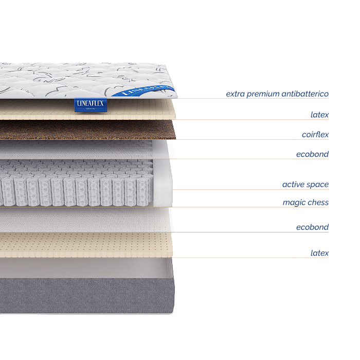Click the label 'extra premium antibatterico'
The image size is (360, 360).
coord(277,94)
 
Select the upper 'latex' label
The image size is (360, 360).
coord(319,115)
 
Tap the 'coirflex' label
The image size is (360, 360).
coord(315,134)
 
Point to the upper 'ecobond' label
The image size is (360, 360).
coord(313,154)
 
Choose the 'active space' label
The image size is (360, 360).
coord(305,184)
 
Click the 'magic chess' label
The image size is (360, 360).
coord(305,202)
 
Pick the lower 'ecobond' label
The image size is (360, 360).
coord(313,227)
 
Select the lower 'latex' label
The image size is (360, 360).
coord(319,253)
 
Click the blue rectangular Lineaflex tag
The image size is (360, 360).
coord(91,105)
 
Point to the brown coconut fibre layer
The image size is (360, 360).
coord(87,130)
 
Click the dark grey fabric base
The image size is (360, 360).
coord(87,296)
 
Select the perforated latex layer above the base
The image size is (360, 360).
coord(86,245)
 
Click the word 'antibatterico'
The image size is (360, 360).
coord(305,94)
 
